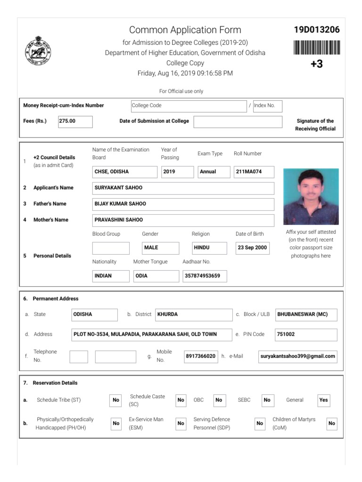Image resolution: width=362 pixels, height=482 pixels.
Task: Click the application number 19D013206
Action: (317, 30)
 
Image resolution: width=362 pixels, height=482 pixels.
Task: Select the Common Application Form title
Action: (185, 30)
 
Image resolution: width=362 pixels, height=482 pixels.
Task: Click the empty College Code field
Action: (188, 105)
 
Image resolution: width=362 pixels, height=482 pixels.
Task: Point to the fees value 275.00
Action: (75, 121)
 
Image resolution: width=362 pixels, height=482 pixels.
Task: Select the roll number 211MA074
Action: (254, 172)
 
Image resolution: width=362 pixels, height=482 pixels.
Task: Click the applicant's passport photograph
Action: (311, 196)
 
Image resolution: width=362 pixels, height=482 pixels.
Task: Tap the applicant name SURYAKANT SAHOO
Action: (183, 188)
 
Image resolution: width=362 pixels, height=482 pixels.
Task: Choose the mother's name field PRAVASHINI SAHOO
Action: (183, 220)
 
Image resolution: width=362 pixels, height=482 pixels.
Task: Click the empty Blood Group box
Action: (111, 248)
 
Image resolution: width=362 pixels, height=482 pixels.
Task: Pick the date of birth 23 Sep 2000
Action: (252, 248)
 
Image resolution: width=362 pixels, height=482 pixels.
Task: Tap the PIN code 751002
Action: (306, 334)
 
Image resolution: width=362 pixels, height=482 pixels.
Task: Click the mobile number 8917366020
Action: (200, 356)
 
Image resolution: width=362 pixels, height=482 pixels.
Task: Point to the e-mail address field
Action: (298, 356)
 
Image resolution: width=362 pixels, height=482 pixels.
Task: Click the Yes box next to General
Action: (323, 400)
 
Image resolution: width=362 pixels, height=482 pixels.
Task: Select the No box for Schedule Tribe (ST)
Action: (116, 400)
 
